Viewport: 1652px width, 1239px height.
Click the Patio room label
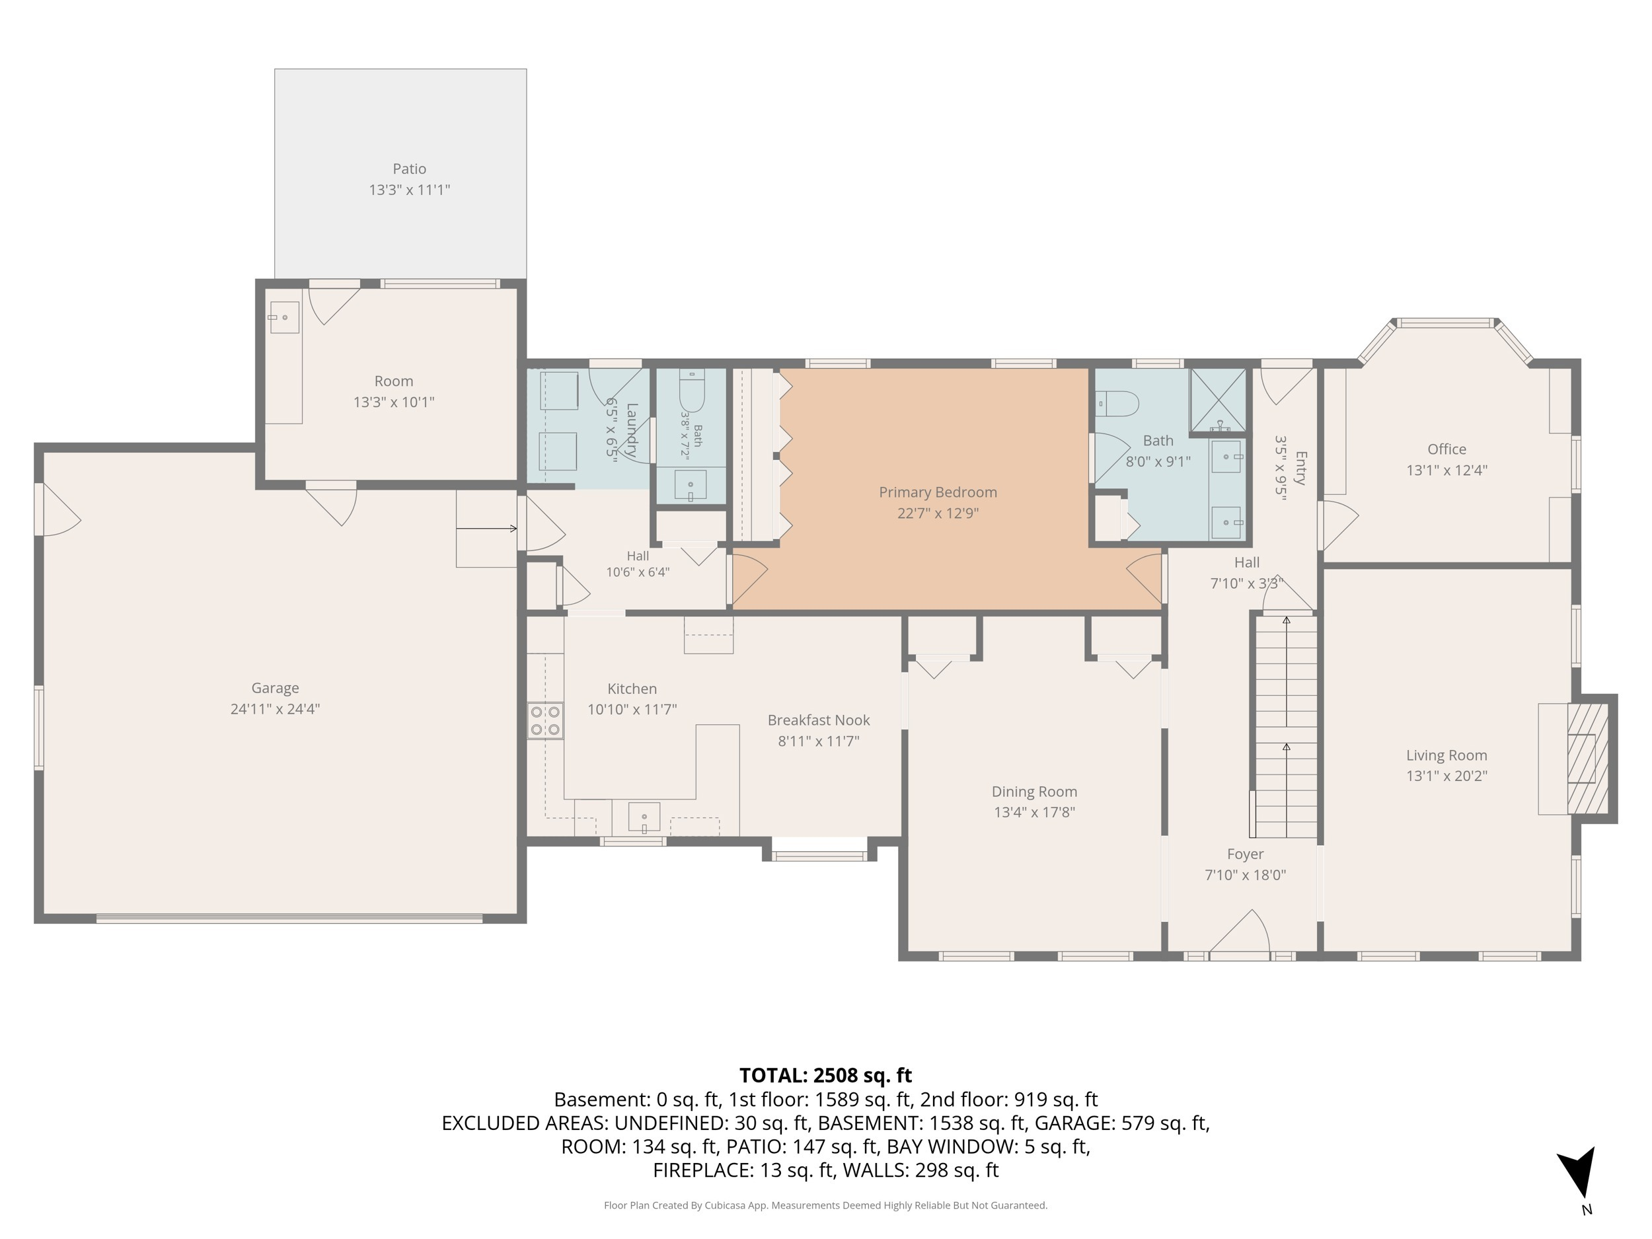pyautogui.click(x=409, y=169)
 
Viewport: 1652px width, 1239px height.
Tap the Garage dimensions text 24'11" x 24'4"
pyautogui.click(x=275, y=709)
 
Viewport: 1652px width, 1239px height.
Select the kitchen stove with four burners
pyautogui.click(x=545, y=721)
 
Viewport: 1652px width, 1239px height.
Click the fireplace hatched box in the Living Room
pyautogui.click(x=1587, y=758)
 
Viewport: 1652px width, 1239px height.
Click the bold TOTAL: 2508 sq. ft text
pyautogui.click(x=825, y=1075)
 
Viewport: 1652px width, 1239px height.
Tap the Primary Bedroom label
pyautogui.click(x=938, y=492)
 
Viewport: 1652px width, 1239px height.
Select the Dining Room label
pyautogui.click(x=1034, y=792)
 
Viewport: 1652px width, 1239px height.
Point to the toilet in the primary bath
pyautogui.click(x=1117, y=404)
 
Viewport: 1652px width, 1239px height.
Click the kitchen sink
pyautogui.click(x=644, y=817)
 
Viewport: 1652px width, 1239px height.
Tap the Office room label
pyautogui.click(x=1446, y=449)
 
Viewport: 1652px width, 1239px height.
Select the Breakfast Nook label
pyautogui.click(x=819, y=720)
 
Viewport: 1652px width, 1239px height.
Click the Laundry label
pyautogui.click(x=632, y=430)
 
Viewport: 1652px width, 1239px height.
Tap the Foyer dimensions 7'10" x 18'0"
pyautogui.click(x=1245, y=874)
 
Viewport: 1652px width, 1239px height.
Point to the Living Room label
pyautogui.click(x=1446, y=755)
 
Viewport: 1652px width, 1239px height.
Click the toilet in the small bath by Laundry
pyautogui.click(x=692, y=391)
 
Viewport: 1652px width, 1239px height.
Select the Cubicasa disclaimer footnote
pyautogui.click(x=825, y=1205)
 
